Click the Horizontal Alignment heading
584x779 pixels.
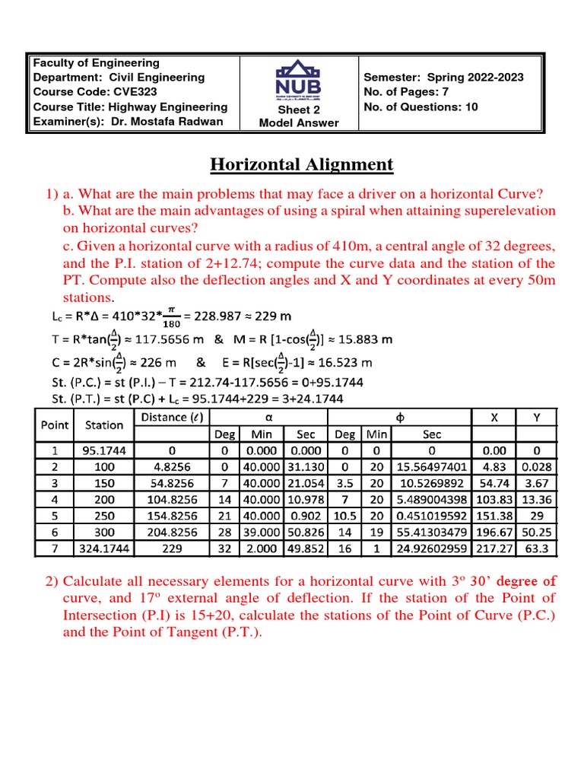301,164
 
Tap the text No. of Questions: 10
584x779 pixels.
421,107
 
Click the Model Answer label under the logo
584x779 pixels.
299,123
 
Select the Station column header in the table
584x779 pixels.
104,425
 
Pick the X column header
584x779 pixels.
495,417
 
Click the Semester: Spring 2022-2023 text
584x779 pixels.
443,78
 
